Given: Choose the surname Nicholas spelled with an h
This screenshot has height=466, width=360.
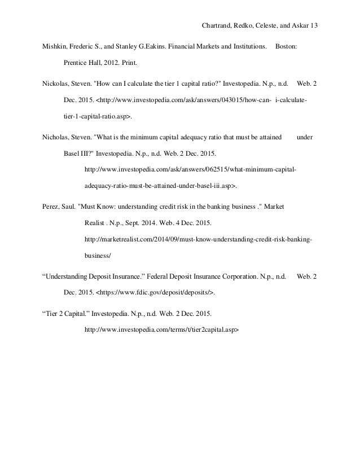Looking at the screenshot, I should click(x=57, y=137).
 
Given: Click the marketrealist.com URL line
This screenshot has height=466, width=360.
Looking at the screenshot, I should click(x=197, y=239).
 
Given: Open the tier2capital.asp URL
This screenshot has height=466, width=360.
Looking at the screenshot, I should click(x=161, y=328).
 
